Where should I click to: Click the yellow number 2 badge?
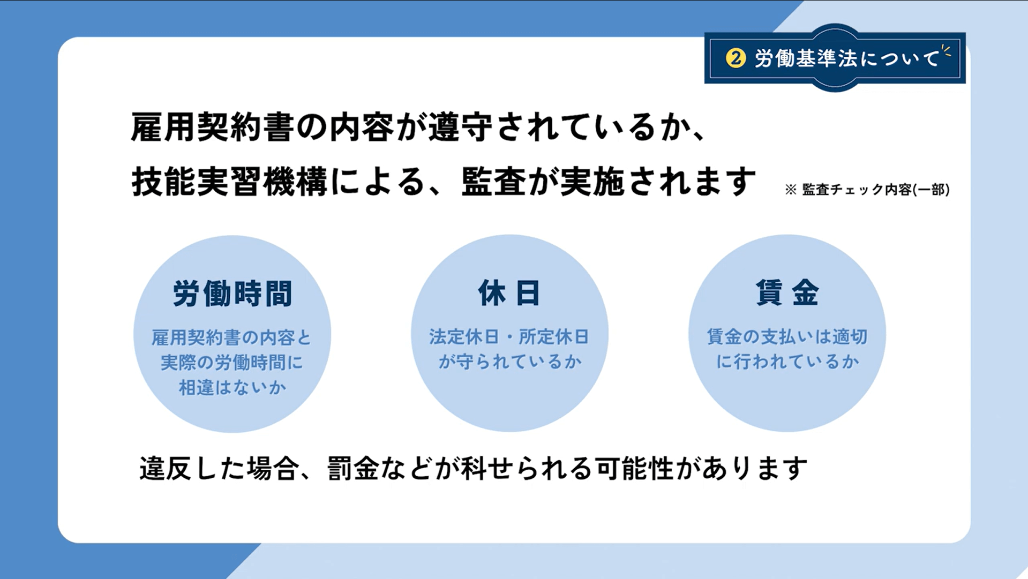pos(736,58)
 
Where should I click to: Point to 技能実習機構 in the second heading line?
pos(229,182)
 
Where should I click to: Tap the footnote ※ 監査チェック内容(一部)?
pos(867,190)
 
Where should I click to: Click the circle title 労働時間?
pos(232,294)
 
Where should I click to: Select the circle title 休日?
pos(509,293)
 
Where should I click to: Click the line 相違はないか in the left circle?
pos(232,387)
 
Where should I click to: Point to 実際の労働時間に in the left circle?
pos(232,363)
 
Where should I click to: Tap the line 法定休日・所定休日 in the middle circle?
pos(509,337)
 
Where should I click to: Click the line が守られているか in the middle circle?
pos(510,362)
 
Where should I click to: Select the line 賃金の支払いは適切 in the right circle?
pos(787,336)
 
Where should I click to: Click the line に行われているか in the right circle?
pos(787,362)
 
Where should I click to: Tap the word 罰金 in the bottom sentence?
pos(354,469)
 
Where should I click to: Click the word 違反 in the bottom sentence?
pos(166,469)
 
